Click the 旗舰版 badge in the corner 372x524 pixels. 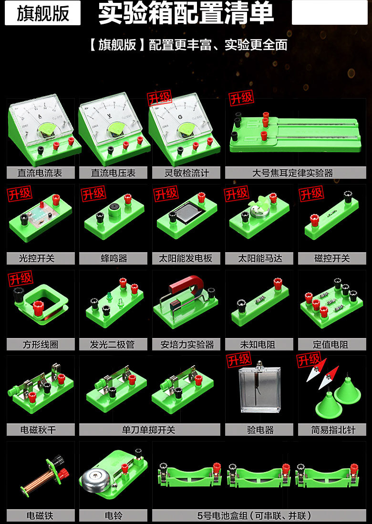click(x=42, y=13)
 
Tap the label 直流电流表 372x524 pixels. click(x=40, y=173)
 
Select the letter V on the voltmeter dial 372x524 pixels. click(x=109, y=116)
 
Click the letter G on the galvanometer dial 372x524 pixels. click(x=180, y=117)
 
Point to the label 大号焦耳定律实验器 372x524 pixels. click(x=293, y=173)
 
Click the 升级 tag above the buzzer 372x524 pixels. click(x=93, y=194)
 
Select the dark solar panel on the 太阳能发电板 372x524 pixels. click(x=189, y=212)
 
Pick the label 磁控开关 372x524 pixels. click(x=332, y=258)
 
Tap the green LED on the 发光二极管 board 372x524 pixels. click(x=109, y=296)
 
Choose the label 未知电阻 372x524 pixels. click(x=258, y=344)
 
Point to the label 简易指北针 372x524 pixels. click(x=333, y=430)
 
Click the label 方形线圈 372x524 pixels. click(x=41, y=344)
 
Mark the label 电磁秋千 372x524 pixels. click(x=38, y=430)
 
